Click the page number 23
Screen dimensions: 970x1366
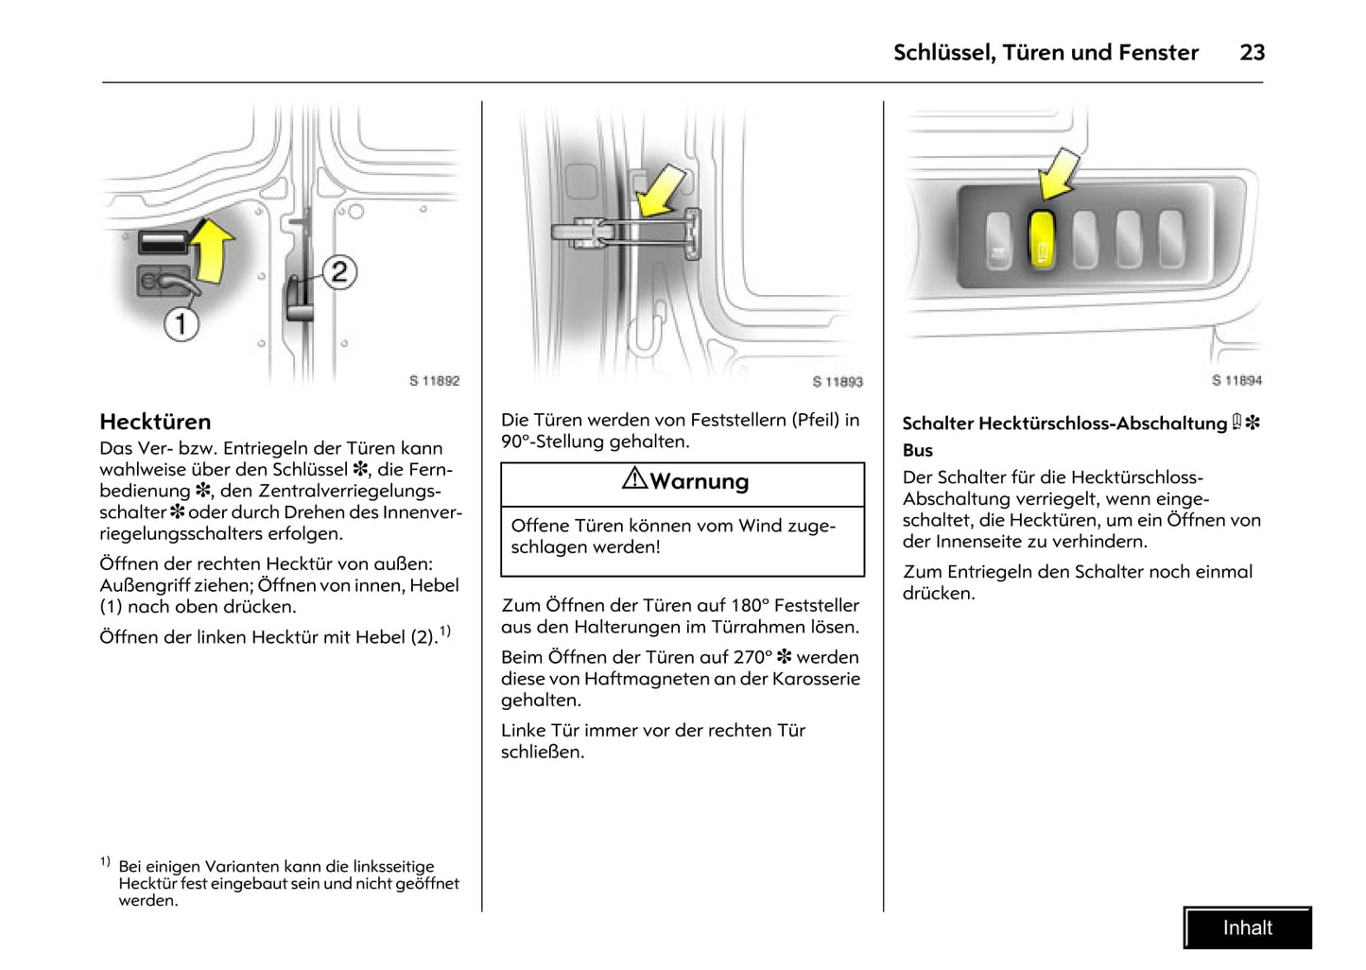click(1252, 53)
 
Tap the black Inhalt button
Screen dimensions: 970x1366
click(1247, 927)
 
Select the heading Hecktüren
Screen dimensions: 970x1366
click(155, 422)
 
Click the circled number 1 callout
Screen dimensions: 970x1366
click(181, 324)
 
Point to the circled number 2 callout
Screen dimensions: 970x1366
click(338, 272)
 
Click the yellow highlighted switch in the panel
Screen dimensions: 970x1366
click(1041, 240)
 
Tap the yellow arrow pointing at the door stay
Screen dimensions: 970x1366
click(659, 189)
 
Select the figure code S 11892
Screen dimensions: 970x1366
click(434, 381)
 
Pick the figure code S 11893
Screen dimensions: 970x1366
click(838, 382)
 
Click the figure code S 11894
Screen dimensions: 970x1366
click(1236, 380)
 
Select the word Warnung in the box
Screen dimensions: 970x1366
click(700, 482)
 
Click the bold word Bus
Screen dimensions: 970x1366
click(917, 450)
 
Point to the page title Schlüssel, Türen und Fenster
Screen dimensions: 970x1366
click(1046, 53)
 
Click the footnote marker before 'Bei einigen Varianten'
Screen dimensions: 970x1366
click(105, 861)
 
